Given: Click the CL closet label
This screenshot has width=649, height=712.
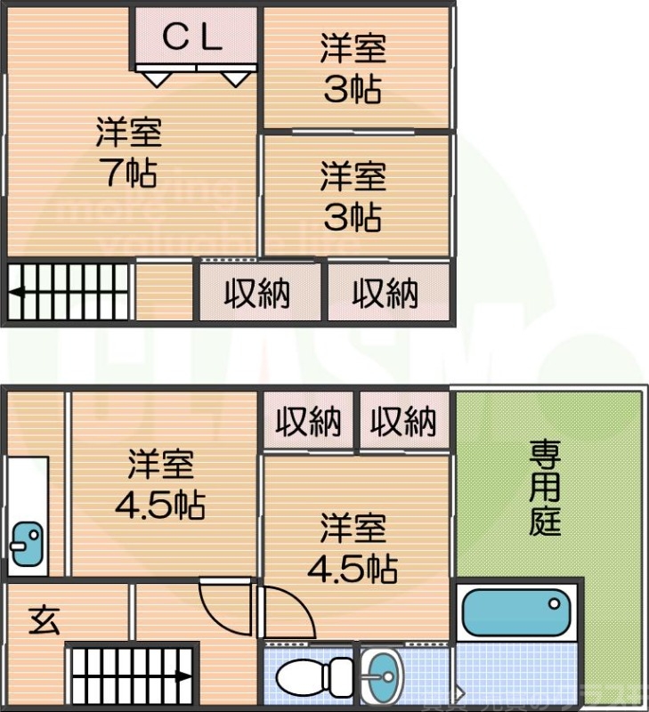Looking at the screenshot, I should tap(192, 36).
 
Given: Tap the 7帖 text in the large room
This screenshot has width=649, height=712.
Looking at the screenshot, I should tap(128, 172).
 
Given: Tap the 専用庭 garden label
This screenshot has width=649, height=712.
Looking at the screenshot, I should tap(545, 488).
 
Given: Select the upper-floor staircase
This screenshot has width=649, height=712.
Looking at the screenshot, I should tap(69, 291).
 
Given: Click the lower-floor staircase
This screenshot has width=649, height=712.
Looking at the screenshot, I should tap(132, 675).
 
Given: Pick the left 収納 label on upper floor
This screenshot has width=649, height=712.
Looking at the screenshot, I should tap(256, 293).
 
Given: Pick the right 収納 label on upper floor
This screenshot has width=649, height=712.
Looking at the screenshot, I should tap(385, 293).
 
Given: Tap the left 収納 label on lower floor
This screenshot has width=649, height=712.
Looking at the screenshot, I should tap(307, 422).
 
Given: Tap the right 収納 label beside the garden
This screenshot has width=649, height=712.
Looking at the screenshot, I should tap(403, 422).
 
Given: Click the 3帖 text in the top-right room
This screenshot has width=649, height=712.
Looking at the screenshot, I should tap(353, 90).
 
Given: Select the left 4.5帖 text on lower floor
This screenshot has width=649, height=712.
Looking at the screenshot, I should tap(160, 506).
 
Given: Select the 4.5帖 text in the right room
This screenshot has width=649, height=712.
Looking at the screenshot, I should tap(353, 567).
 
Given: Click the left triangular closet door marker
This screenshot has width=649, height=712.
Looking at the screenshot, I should tap(157, 79).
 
